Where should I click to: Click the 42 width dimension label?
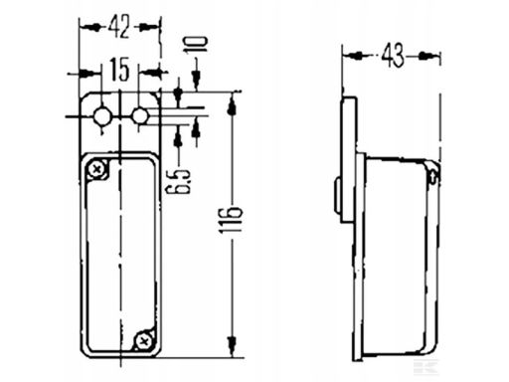point(118,28)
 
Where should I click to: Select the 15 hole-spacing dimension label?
point(119,70)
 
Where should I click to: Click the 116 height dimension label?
point(231,221)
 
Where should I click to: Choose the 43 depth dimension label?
point(393,55)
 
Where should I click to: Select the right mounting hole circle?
point(140,116)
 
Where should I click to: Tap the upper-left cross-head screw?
point(97,170)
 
